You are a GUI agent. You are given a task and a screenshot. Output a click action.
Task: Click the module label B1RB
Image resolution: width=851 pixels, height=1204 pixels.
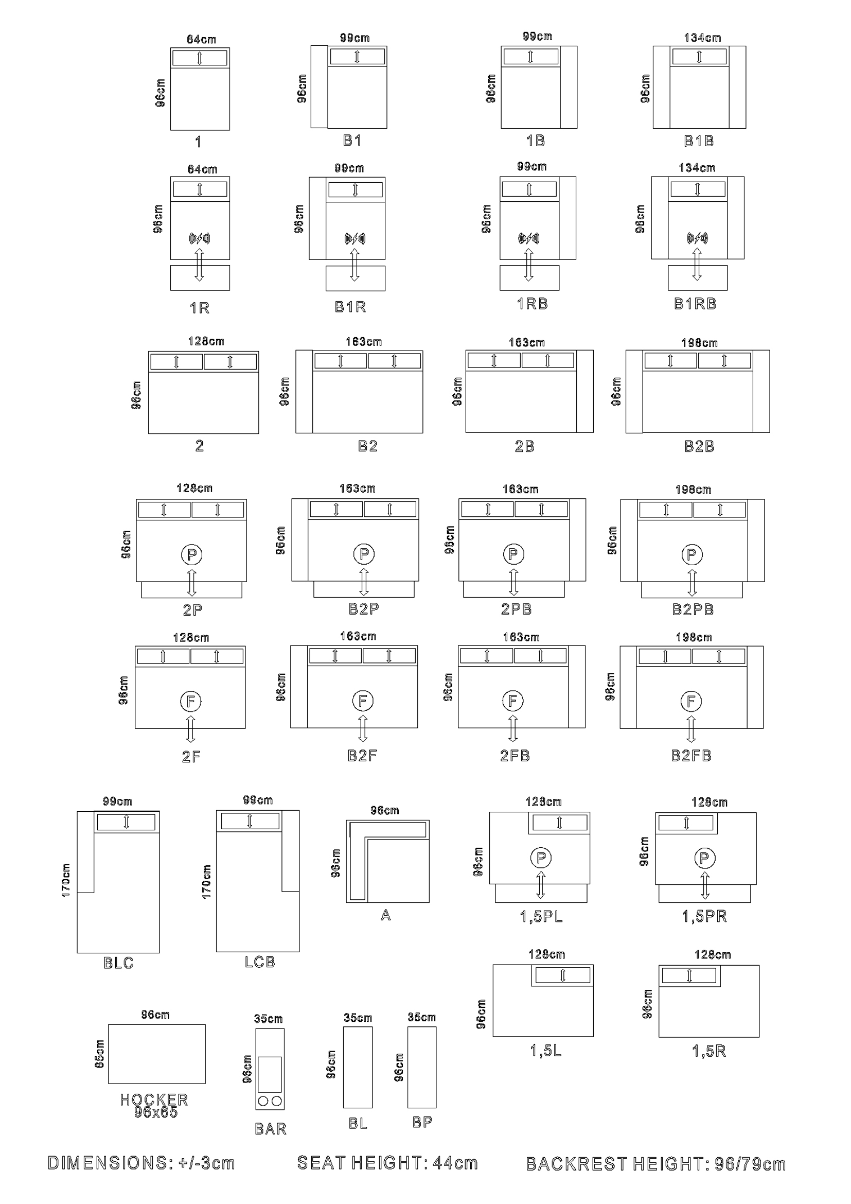(x=695, y=304)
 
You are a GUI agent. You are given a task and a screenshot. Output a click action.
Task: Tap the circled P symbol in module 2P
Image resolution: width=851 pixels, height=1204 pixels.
(x=192, y=554)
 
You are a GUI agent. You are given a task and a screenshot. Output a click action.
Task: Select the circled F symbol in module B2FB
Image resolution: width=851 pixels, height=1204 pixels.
(x=690, y=701)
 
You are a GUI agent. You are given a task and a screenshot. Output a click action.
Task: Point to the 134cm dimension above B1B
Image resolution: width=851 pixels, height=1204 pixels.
(x=702, y=38)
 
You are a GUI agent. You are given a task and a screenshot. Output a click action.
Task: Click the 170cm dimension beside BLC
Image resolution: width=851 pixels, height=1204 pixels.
(x=66, y=880)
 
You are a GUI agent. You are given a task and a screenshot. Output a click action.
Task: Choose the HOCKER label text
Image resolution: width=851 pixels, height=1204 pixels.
(x=154, y=1099)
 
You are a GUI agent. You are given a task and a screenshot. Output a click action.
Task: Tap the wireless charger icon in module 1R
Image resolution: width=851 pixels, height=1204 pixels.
(x=200, y=239)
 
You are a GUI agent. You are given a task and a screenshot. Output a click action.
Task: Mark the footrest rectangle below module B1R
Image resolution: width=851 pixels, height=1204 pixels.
(x=356, y=278)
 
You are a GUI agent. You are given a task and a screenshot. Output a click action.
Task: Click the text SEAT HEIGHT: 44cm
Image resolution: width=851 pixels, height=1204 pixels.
(x=387, y=1163)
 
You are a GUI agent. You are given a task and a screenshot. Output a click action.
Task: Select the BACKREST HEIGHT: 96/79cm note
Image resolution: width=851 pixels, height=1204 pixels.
(x=655, y=1164)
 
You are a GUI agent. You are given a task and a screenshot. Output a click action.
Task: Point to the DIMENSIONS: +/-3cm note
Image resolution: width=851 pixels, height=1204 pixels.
(x=141, y=1163)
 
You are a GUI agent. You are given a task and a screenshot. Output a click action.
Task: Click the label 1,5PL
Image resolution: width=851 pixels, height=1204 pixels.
(x=541, y=916)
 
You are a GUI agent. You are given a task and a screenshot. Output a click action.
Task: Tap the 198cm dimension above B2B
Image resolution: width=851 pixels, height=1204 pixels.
(x=699, y=343)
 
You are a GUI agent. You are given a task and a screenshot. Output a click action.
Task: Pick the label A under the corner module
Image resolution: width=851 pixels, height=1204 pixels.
(x=386, y=915)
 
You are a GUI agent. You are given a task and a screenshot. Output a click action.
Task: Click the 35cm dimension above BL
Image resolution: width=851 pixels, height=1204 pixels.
(x=358, y=1018)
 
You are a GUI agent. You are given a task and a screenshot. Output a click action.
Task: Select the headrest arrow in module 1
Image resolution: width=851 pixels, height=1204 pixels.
(x=200, y=58)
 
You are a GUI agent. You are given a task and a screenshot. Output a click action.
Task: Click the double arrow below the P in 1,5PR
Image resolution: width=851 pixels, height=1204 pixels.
(x=705, y=885)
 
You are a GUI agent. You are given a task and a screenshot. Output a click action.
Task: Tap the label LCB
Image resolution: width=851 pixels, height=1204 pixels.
(x=260, y=962)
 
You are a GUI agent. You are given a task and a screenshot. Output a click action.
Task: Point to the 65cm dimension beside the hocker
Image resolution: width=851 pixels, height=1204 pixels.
(x=99, y=1054)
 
